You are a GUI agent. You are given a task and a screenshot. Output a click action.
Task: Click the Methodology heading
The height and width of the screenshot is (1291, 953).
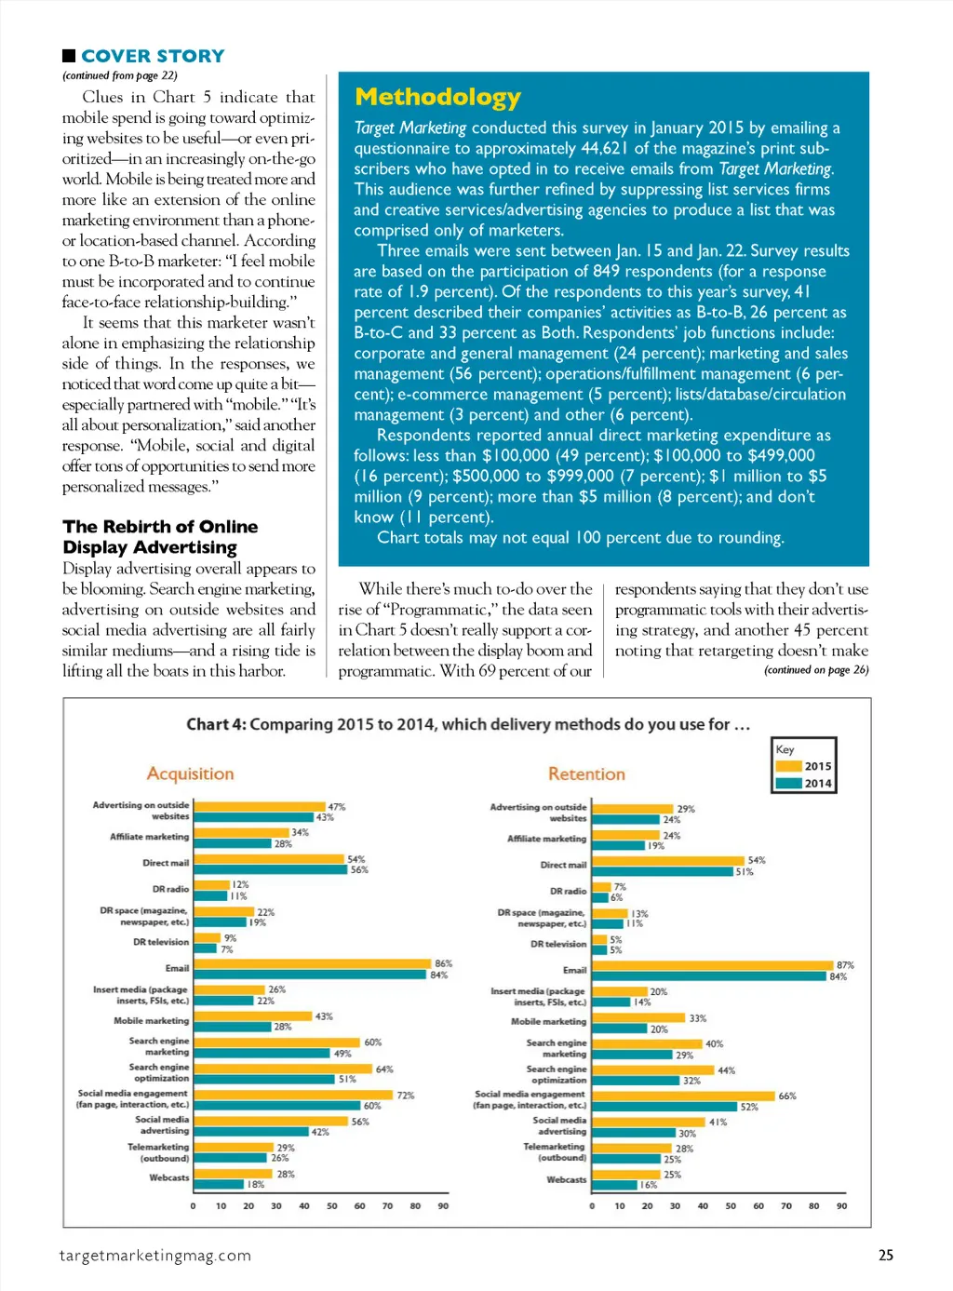437,98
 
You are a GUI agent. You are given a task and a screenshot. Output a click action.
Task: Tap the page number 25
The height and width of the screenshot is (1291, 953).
885,1255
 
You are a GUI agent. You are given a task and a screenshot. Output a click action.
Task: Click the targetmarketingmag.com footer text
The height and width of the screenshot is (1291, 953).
155,1256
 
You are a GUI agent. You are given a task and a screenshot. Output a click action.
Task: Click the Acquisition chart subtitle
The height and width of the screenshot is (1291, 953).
190,773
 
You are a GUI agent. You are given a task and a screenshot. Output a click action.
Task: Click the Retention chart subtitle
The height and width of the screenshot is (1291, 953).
586,773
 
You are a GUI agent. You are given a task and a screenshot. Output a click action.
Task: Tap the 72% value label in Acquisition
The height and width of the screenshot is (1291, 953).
406,1096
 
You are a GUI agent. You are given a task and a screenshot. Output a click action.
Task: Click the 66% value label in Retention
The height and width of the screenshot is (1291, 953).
787,1096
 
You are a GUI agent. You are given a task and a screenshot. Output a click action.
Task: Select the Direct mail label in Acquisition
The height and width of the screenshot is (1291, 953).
166,863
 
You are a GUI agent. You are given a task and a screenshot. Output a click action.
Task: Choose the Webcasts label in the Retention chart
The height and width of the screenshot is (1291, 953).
566,1179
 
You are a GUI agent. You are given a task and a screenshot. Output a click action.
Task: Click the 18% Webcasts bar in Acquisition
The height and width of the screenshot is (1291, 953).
219,1185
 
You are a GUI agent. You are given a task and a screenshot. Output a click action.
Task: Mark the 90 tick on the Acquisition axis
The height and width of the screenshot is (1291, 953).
443,1206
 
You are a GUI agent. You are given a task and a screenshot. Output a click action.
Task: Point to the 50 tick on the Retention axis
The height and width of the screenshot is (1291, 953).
731,1206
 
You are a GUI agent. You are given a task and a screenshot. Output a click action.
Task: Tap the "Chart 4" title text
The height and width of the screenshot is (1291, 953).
468,724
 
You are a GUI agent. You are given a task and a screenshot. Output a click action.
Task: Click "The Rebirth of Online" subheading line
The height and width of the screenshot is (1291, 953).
160,527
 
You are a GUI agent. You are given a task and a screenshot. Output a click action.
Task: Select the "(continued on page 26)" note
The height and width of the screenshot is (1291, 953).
816,670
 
